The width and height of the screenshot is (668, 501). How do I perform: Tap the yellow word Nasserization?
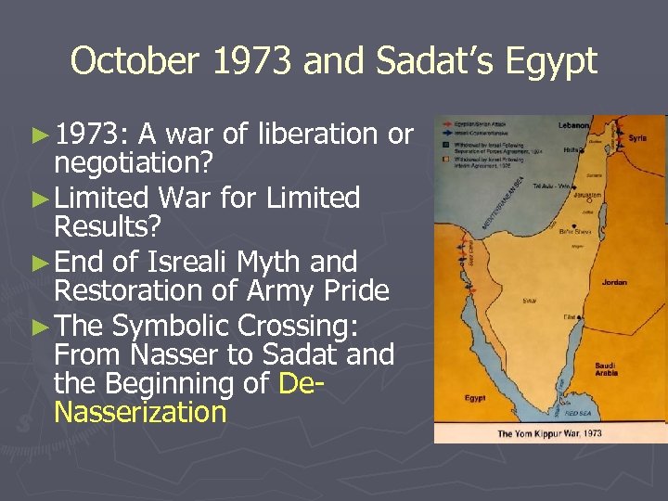tap(140, 412)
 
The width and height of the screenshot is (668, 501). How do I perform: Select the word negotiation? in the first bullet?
tap(135, 163)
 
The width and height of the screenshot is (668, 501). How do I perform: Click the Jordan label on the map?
tap(614, 282)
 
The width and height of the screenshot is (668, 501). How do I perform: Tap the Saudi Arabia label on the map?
tap(609, 369)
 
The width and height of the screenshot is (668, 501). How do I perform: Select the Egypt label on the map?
tap(475, 398)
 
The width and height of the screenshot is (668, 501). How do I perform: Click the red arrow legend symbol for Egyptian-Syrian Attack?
tap(448, 122)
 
